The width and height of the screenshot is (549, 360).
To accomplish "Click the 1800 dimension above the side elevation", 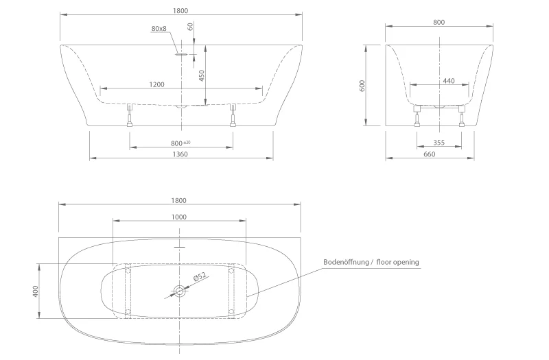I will (x=181, y=11).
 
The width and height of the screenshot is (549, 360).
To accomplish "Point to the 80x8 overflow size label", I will (x=159, y=29).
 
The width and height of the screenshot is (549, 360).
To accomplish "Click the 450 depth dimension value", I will (x=202, y=75).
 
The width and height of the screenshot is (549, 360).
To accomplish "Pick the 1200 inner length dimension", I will (x=157, y=84).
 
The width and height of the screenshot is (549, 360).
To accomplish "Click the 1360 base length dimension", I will (x=180, y=154).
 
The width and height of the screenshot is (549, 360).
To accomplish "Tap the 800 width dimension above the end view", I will (x=439, y=22).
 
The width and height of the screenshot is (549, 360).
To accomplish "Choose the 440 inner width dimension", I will (x=449, y=81).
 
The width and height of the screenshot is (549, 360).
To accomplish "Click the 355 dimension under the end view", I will (x=439, y=143).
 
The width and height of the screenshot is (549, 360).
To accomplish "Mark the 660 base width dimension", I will (x=430, y=154).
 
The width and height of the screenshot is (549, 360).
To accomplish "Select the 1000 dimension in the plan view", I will (x=180, y=217).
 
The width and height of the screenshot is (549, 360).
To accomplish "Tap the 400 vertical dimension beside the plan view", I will (x=35, y=291).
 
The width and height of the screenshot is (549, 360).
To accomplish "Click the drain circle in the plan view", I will (x=180, y=291).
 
